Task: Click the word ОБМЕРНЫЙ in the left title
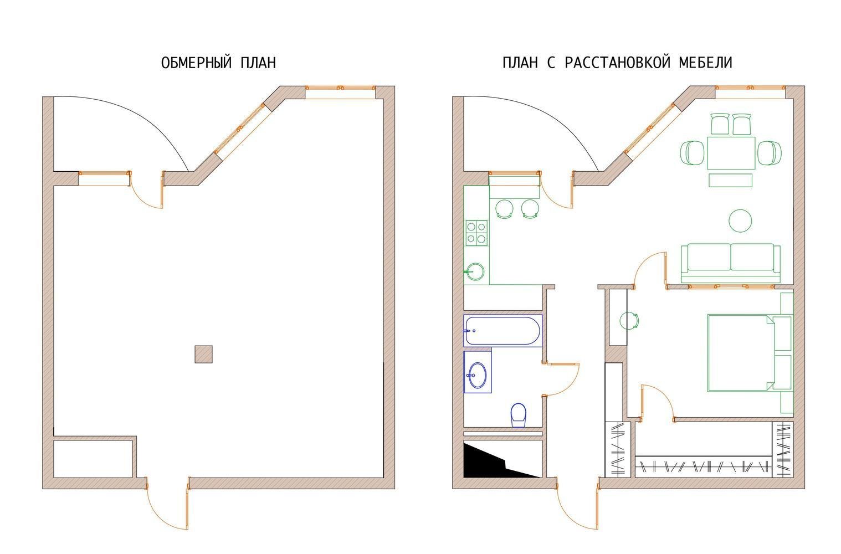(197, 63)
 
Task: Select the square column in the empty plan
(203, 355)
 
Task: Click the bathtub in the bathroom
(502, 331)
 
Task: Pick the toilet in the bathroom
(519, 415)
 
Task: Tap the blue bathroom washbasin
(478, 375)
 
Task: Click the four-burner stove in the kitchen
(477, 233)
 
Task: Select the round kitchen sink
(475, 271)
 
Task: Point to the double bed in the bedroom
(750, 353)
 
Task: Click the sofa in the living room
(731, 263)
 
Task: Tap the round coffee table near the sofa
(740, 220)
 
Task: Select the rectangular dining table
(731, 153)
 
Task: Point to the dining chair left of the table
(692, 153)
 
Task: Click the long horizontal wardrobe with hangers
(703, 466)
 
